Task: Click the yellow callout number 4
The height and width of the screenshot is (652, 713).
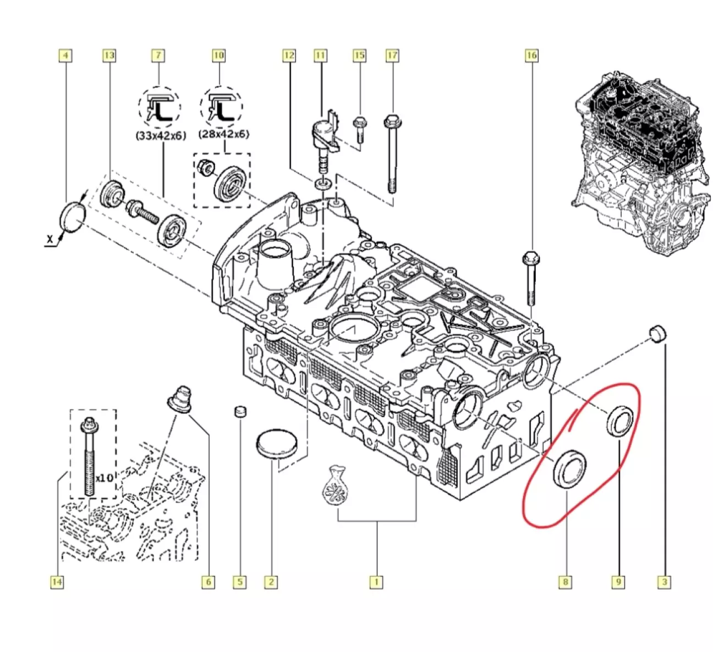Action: (65, 56)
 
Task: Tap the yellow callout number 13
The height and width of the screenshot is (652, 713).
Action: (109, 56)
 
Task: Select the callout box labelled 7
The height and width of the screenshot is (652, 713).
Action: (158, 56)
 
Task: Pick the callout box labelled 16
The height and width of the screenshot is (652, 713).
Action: (531, 56)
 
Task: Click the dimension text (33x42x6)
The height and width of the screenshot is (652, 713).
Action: (161, 135)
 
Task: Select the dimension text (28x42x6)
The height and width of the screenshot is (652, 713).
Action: (223, 134)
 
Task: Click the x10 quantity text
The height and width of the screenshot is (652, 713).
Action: (105, 478)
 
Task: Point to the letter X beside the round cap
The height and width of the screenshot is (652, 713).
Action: (50, 239)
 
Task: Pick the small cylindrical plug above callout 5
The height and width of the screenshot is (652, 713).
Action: (240, 411)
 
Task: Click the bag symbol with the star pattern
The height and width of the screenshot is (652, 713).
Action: (335, 486)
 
